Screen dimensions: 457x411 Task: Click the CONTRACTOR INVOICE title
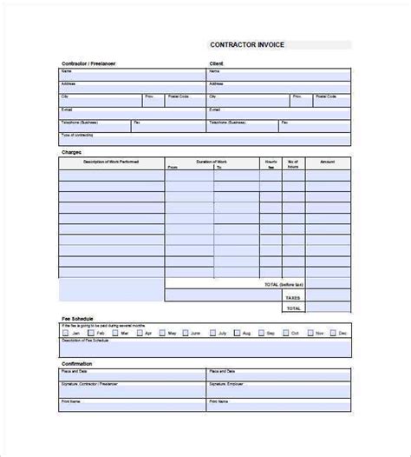(x=248, y=45)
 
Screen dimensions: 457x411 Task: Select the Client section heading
(x=217, y=63)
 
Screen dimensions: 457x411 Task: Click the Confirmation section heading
(x=77, y=363)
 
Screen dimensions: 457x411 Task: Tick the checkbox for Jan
(x=65, y=334)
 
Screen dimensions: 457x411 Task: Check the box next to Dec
(x=332, y=334)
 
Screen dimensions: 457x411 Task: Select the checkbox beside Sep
(x=260, y=334)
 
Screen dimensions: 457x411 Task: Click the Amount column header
(x=327, y=162)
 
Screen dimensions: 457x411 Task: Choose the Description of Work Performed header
(x=111, y=162)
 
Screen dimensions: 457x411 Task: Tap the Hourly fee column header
(x=271, y=163)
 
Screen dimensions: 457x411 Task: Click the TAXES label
(x=293, y=297)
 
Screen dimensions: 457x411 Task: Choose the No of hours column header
(x=293, y=163)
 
